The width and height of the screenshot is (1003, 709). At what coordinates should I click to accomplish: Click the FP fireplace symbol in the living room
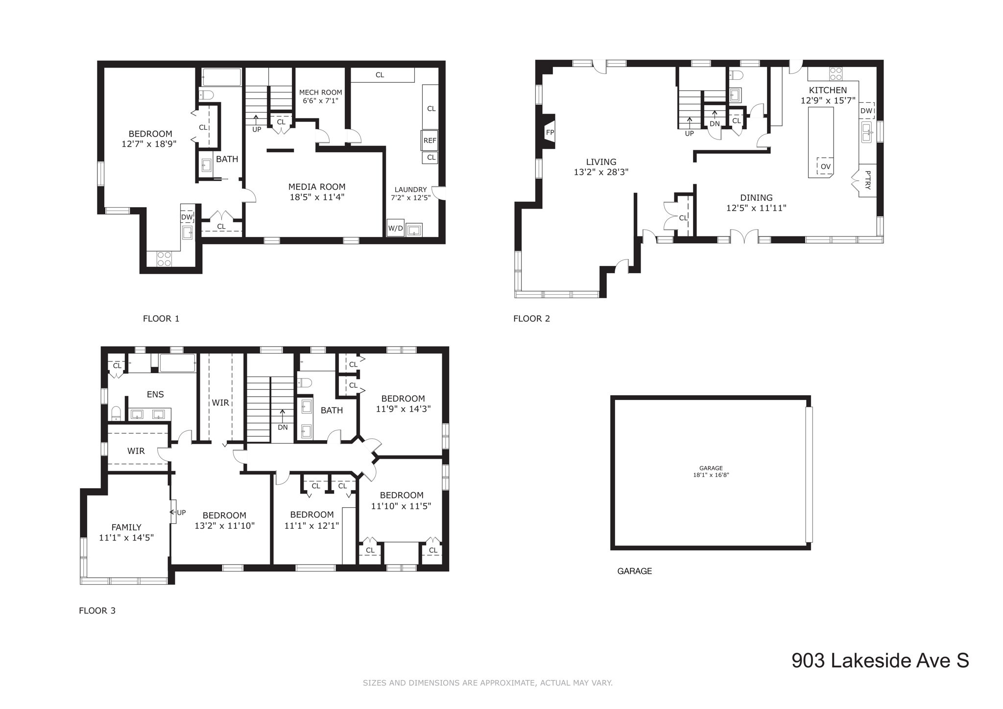[x=549, y=132]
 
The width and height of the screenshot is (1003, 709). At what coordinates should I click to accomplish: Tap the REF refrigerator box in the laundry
[x=430, y=141]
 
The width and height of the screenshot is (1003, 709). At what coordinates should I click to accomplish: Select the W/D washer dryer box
[x=395, y=228]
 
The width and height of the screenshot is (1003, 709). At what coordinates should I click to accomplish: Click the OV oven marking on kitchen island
[x=825, y=166]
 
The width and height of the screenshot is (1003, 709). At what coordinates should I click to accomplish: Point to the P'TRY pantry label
[x=867, y=180]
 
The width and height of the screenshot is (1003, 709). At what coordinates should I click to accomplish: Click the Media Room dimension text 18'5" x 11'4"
[x=316, y=197]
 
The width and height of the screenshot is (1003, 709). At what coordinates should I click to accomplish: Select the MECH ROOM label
[x=320, y=92]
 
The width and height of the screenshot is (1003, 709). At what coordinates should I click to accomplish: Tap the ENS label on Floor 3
[x=155, y=394]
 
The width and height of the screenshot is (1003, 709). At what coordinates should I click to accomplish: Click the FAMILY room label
[x=126, y=527]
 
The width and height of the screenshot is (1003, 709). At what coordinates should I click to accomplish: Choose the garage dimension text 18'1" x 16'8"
[x=711, y=475]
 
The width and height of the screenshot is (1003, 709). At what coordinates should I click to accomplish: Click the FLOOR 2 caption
[x=531, y=319]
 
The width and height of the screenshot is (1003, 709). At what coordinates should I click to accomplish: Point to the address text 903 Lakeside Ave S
[x=880, y=661]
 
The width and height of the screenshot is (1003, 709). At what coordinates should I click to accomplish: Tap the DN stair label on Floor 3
[x=283, y=427]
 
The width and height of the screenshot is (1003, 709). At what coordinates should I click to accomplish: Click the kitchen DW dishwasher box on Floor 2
[x=866, y=111]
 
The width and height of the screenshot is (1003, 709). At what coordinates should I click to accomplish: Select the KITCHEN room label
[x=828, y=90]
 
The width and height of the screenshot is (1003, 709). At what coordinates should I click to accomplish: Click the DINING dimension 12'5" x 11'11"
[x=756, y=208]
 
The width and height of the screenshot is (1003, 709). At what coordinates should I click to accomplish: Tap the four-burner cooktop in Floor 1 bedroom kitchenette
[x=164, y=259]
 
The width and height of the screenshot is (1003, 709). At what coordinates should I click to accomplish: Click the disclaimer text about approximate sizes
[x=487, y=683]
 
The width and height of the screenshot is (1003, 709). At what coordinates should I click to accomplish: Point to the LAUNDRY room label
[x=411, y=189]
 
